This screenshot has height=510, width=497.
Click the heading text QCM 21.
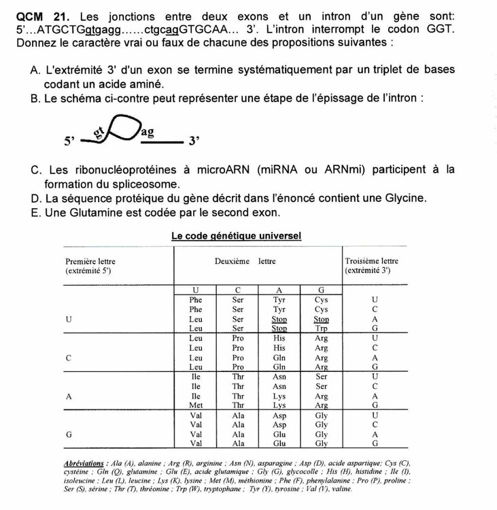click(x=41, y=16)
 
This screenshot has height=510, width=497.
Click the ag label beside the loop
click(x=148, y=131)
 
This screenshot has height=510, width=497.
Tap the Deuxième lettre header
click(x=245, y=260)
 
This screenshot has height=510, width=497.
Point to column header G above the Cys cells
click(x=322, y=290)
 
